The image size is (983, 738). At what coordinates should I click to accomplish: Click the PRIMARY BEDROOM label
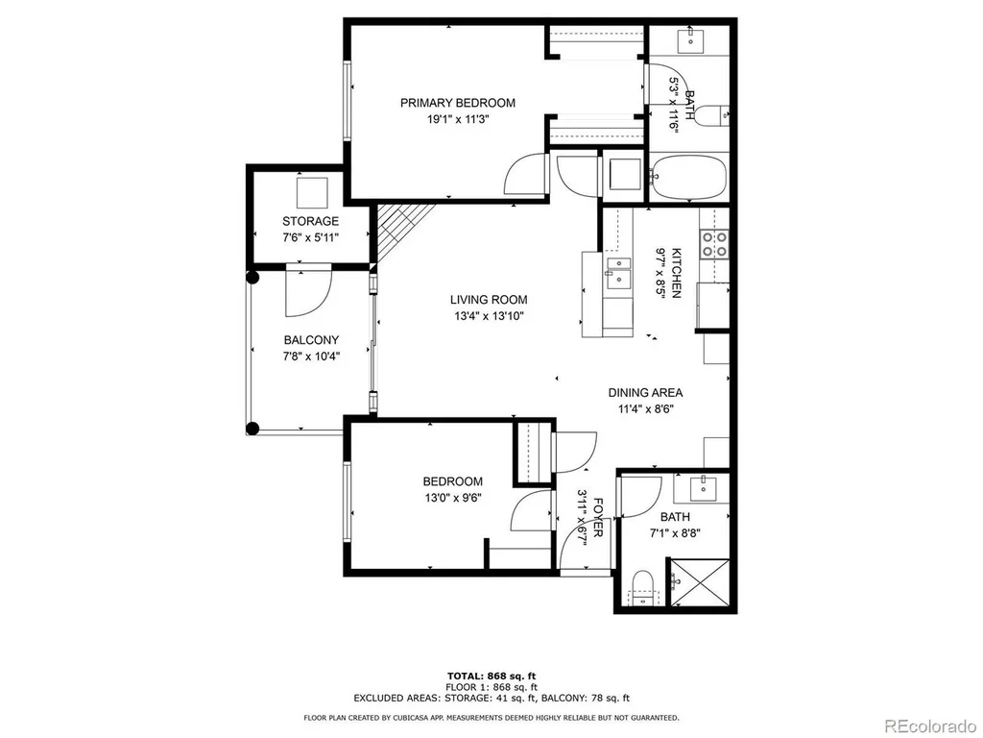[x=458, y=103]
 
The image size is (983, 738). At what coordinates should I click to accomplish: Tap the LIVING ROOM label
[x=489, y=300]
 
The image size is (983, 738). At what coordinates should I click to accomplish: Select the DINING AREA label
[x=645, y=393]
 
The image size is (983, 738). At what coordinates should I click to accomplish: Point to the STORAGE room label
[x=310, y=221]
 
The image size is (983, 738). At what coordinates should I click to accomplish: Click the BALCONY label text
[x=311, y=340]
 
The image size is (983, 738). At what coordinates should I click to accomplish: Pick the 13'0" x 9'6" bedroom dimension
[x=453, y=499]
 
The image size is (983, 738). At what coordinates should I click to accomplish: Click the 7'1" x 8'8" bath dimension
[x=675, y=533]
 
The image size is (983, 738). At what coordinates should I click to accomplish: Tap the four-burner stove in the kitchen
[x=714, y=244]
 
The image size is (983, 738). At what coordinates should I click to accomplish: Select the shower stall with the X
[x=700, y=582]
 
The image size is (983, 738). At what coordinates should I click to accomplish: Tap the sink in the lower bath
[x=704, y=487]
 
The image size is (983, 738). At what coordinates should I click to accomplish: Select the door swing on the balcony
[x=308, y=290]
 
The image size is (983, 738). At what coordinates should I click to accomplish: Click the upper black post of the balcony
[x=252, y=277]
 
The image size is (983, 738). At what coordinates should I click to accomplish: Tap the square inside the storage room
[x=312, y=193]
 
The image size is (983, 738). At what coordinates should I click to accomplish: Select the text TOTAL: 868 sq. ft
[x=491, y=676]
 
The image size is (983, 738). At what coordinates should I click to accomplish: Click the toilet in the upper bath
[x=712, y=116]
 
